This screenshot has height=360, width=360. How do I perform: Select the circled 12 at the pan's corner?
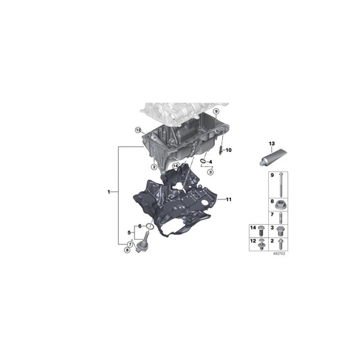click(x=137, y=130)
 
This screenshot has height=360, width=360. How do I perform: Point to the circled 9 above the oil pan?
click(x=216, y=110)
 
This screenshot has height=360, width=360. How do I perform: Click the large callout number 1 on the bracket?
click(x=109, y=193)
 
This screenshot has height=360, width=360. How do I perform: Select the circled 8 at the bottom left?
click(x=126, y=250)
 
